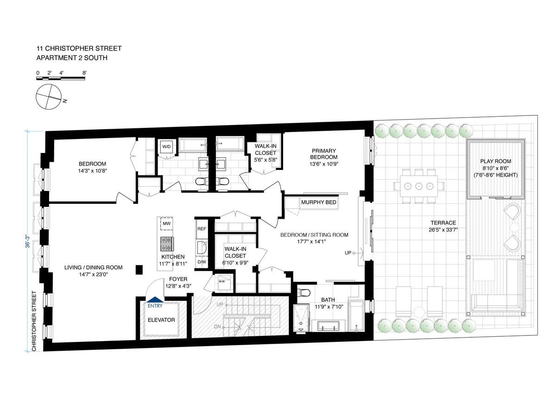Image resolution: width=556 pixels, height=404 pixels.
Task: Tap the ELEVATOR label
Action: click(x=161, y=320)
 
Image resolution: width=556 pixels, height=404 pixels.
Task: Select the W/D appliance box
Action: click(x=166, y=147)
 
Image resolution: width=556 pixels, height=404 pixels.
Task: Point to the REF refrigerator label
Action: click(x=202, y=229)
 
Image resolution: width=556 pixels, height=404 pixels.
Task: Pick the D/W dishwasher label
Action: click(x=202, y=262)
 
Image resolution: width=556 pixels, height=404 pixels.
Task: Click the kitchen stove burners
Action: click(x=166, y=242)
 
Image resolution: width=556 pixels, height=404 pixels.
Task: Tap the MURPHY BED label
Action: click(x=318, y=202)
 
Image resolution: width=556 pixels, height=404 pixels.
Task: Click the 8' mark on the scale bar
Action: click(x=84, y=73)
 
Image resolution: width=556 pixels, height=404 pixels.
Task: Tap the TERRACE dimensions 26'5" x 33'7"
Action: click(x=442, y=230)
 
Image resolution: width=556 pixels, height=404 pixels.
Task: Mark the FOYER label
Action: click(x=177, y=279)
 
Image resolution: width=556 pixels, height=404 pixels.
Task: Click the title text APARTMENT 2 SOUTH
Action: click(x=71, y=58)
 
